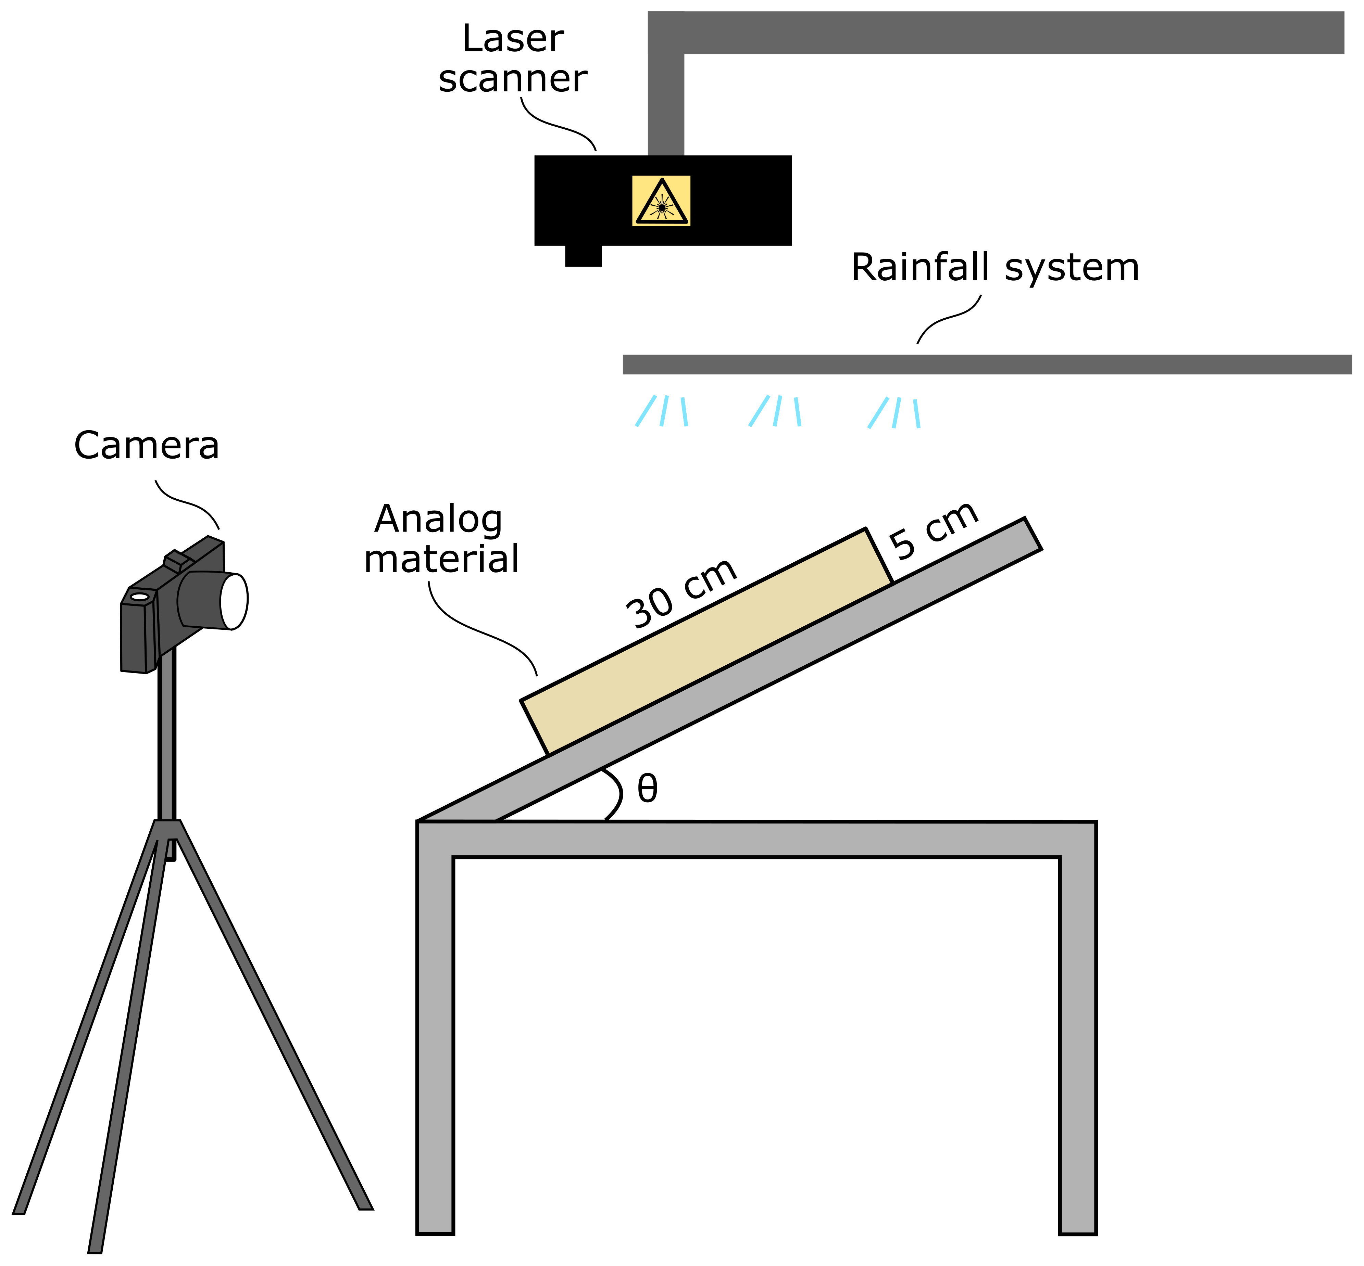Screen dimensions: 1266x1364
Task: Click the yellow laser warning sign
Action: [x=661, y=201]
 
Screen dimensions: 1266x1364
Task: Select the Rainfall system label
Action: [x=994, y=268]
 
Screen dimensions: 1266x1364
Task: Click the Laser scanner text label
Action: [x=513, y=58]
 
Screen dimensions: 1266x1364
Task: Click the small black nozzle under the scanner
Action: [x=583, y=256]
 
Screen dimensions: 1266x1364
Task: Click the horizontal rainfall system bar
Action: [x=987, y=365]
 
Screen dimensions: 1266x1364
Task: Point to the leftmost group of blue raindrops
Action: [x=661, y=411]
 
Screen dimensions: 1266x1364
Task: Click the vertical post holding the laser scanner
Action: [x=665, y=103]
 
